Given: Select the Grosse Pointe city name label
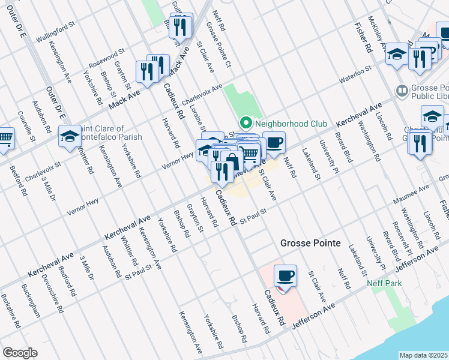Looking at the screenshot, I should (310, 244).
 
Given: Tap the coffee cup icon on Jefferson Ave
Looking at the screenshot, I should (286, 276).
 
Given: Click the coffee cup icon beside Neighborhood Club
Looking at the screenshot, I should (274, 142).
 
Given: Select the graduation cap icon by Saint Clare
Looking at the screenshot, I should (70, 136).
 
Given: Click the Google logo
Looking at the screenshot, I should (20, 353).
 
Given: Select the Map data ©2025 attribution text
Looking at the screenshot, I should (424, 355).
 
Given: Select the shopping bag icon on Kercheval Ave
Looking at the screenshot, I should (232, 161).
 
